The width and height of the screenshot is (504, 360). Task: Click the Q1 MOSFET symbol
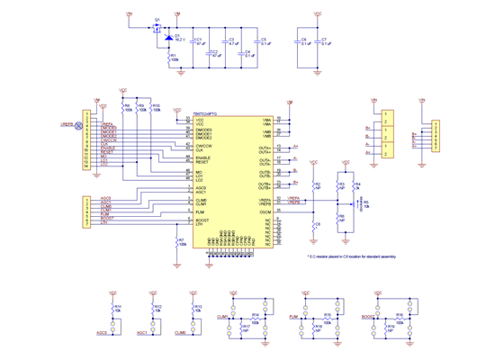(157, 28)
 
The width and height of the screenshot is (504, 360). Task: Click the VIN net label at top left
(129, 14)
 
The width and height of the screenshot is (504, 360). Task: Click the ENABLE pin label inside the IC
(203, 157)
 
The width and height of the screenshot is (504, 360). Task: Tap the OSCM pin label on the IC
(265, 211)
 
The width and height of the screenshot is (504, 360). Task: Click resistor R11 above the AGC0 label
(113, 308)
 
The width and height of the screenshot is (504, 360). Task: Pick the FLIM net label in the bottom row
(293, 318)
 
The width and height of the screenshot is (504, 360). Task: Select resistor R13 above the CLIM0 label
(193, 308)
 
